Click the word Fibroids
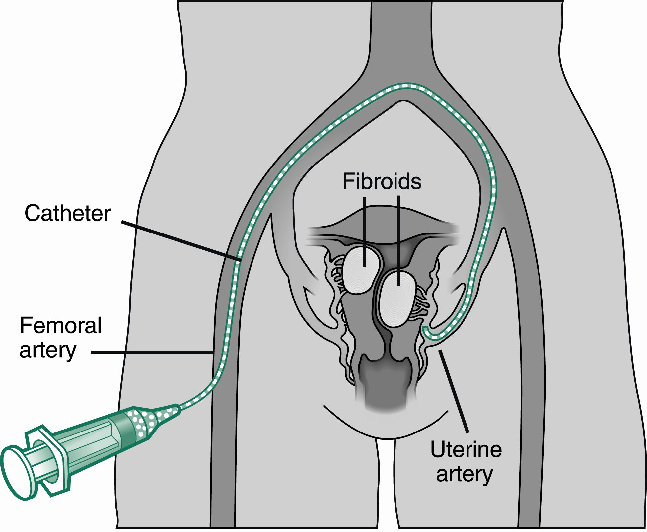click(x=382, y=182)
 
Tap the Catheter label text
click(x=67, y=213)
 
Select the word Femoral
click(x=60, y=325)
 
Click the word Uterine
click(x=466, y=450)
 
